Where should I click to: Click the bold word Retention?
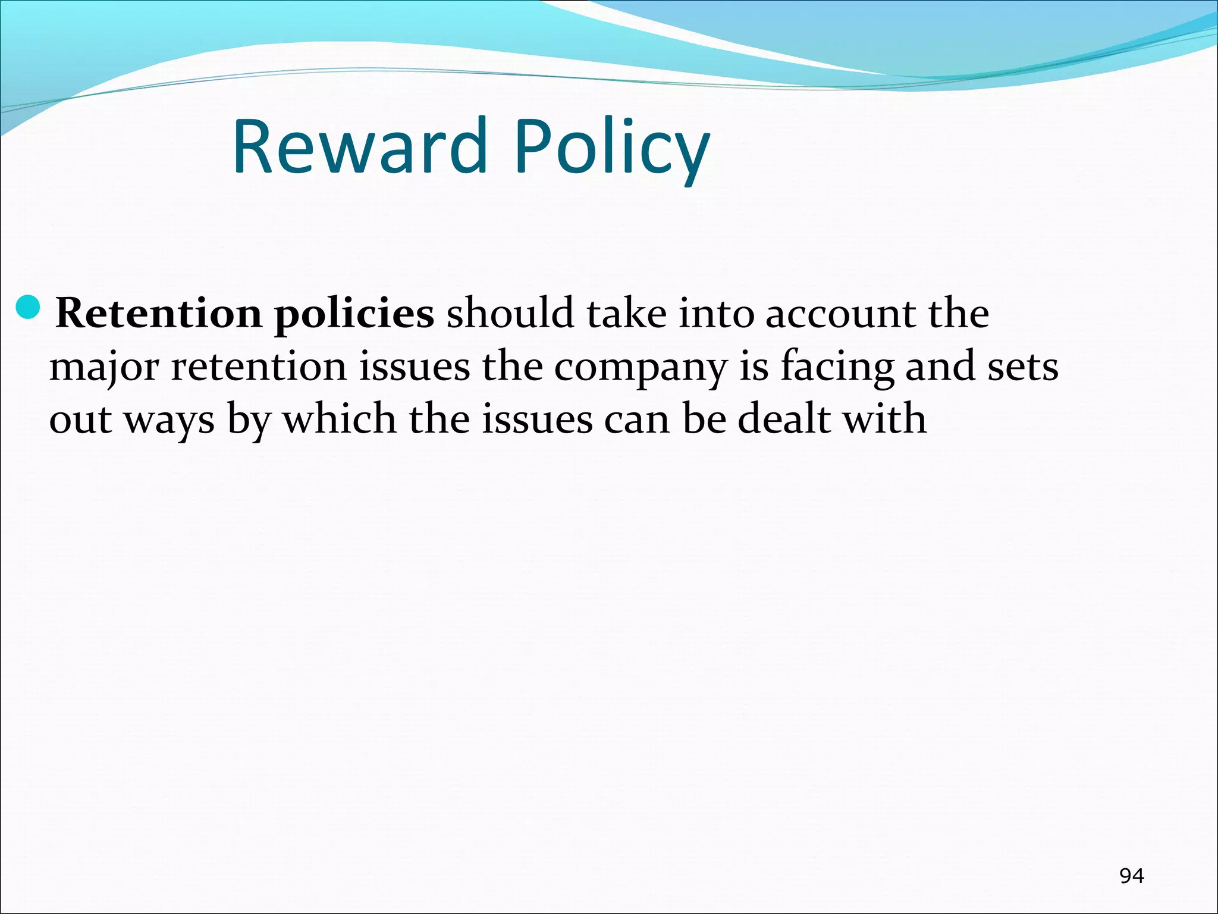[x=158, y=314]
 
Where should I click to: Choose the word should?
[x=510, y=314]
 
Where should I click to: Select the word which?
[x=340, y=419]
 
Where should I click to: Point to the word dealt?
[x=784, y=419]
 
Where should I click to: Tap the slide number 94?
[x=1131, y=875]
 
